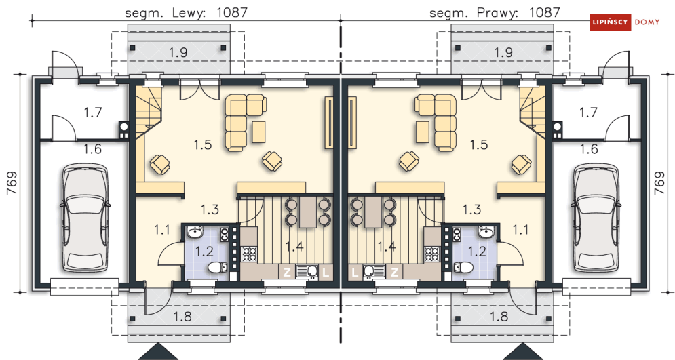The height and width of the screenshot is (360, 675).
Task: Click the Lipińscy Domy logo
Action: (x=630, y=22)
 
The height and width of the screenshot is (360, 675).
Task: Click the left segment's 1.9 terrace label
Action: (x=178, y=52)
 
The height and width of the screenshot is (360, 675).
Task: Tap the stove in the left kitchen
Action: (x=249, y=254)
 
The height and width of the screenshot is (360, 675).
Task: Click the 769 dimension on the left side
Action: (x=12, y=183)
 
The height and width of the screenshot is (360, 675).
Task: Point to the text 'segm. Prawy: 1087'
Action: (x=494, y=12)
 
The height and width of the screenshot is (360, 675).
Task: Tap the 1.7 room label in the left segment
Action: (x=92, y=112)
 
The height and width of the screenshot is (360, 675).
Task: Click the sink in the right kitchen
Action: (x=369, y=271)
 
